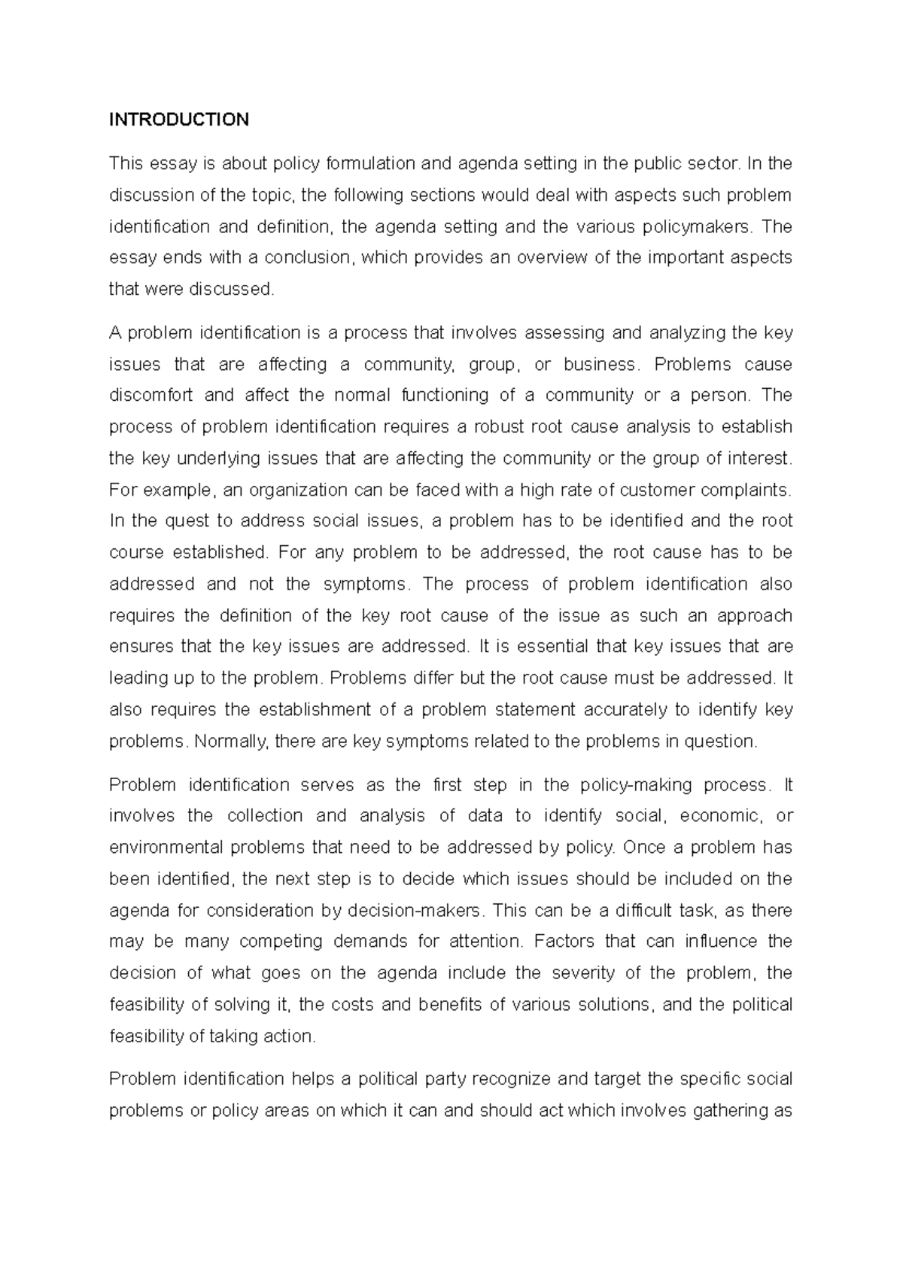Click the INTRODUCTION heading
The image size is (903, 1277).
[178, 120]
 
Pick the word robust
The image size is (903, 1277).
[500, 426]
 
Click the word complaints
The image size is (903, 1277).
[746, 490]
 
